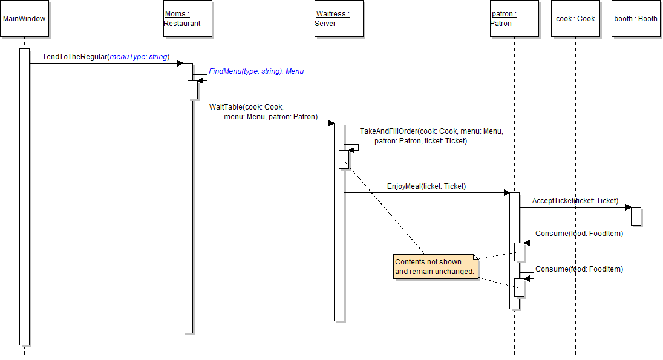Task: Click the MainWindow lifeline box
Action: [24, 19]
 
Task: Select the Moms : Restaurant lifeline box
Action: [188, 19]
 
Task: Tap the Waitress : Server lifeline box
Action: [339, 19]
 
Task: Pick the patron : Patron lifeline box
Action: [514, 19]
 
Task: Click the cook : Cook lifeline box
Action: [575, 19]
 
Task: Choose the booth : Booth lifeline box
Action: [636, 19]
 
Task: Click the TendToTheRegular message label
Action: [105, 57]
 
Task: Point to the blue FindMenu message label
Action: [256, 71]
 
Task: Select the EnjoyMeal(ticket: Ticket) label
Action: [426, 186]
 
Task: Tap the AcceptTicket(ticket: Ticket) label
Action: [575, 200]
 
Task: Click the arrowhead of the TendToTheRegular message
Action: [180, 63]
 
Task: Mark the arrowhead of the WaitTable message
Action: [331, 123]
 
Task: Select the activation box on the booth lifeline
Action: [636, 216]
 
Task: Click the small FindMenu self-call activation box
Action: [192, 90]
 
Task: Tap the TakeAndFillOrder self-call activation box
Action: [344, 159]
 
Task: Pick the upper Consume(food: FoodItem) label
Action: [579, 234]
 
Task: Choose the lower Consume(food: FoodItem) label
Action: [579, 269]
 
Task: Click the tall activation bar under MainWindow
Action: [24, 197]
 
